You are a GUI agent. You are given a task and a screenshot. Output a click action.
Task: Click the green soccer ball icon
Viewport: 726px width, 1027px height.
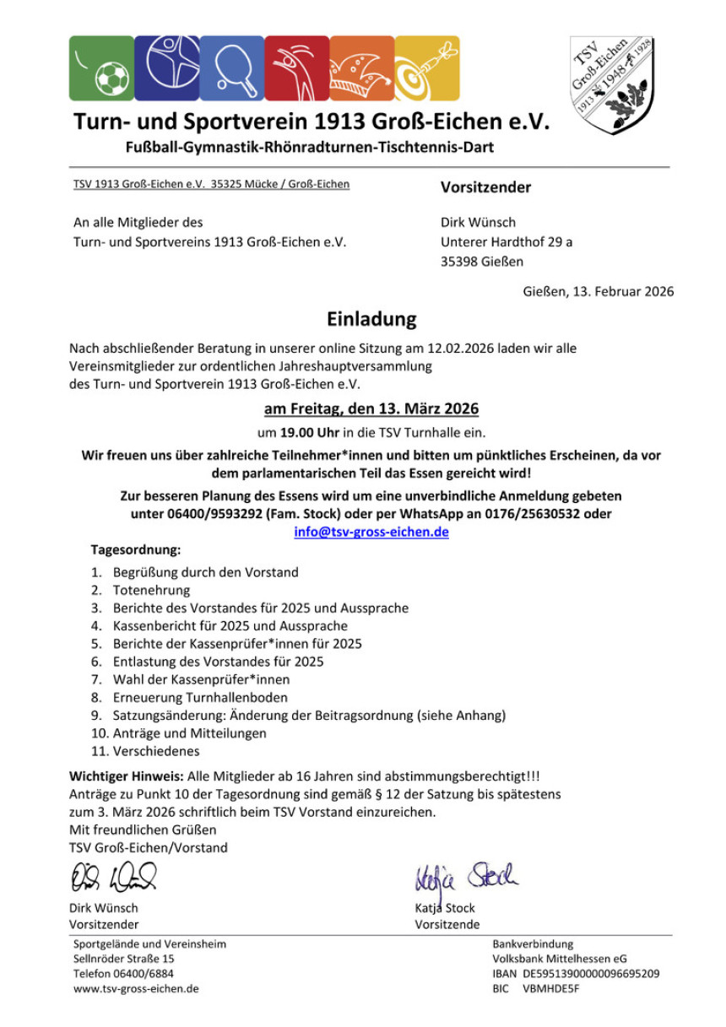click(101, 68)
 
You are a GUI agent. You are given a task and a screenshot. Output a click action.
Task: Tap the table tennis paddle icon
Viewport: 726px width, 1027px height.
click(231, 68)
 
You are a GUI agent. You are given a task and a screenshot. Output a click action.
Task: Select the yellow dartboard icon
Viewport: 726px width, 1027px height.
click(427, 68)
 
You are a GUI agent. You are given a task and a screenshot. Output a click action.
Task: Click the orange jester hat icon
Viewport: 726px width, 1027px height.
click(362, 68)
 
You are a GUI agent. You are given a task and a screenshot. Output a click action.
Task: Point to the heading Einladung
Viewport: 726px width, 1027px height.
click(371, 319)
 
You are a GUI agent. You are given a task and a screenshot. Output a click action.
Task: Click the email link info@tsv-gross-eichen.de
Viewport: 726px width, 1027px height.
click(371, 532)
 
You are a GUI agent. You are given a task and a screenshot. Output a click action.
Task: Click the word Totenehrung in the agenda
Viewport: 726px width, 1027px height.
click(152, 591)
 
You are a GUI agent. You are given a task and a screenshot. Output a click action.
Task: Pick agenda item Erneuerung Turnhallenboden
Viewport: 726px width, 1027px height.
click(200, 697)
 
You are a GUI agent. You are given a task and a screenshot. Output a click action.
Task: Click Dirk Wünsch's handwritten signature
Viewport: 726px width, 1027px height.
click(113, 878)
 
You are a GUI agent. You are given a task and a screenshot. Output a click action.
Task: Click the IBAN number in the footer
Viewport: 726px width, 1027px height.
click(591, 973)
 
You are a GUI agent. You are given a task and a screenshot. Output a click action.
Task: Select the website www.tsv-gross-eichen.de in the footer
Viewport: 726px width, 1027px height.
click(136, 988)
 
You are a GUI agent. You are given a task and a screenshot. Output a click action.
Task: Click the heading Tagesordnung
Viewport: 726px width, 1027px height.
click(136, 549)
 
